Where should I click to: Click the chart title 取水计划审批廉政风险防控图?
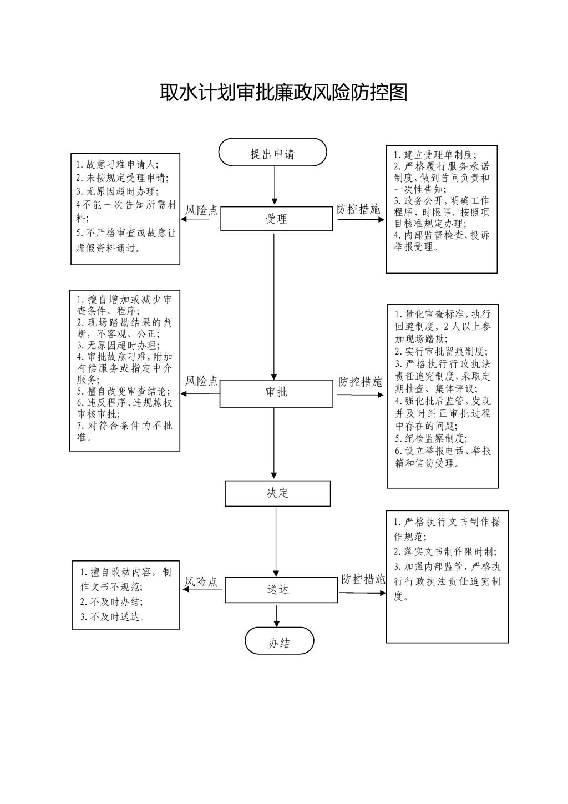click(x=283, y=93)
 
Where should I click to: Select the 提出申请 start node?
click(x=273, y=152)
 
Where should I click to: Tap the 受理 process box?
click(x=276, y=219)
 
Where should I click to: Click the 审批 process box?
click(x=276, y=394)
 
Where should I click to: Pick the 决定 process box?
click(x=278, y=493)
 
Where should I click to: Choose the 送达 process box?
click(x=281, y=590)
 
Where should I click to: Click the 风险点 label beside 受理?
click(x=201, y=210)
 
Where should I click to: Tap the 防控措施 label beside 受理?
click(x=358, y=209)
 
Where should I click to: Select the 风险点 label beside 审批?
click(x=201, y=381)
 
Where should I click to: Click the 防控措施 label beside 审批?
click(x=360, y=382)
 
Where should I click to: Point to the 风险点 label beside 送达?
click(x=201, y=582)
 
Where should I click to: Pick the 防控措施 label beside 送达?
click(x=363, y=579)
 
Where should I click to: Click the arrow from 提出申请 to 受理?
click(x=275, y=185)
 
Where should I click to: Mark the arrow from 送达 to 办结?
click(x=276, y=615)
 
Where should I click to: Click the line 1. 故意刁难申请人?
click(x=118, y=164)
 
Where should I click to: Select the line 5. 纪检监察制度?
click(x=432, y=438)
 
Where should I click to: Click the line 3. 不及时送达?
click(x=112, y=616)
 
